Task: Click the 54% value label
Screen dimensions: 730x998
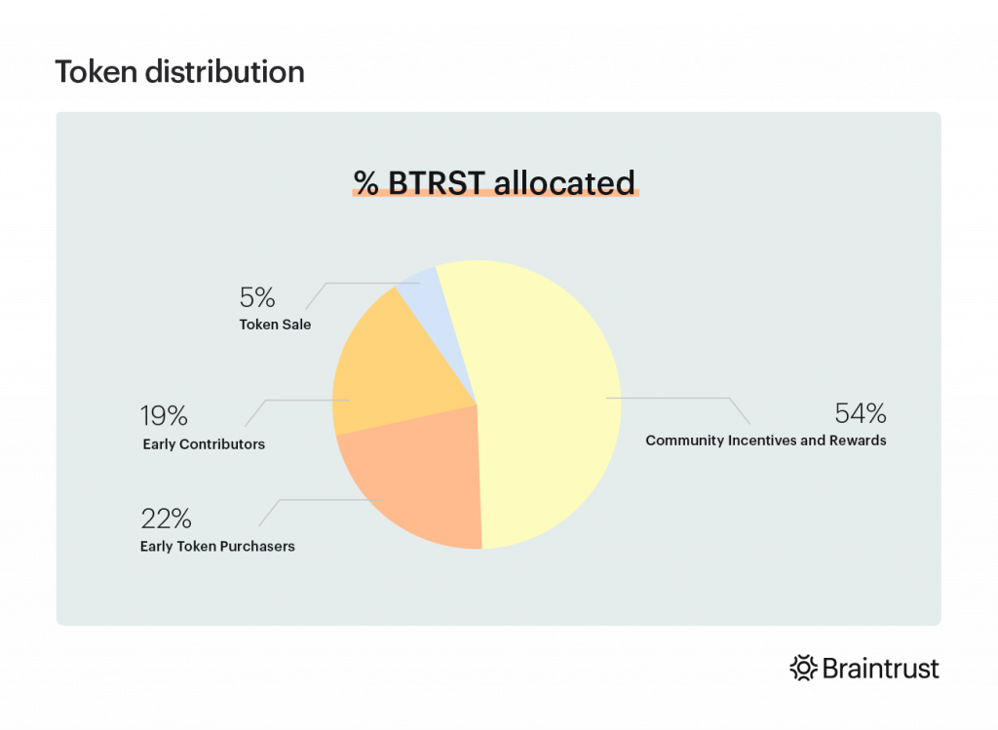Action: pyautogui.click(x=860, y=413)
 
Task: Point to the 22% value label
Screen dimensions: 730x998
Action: pyautogui.click(x=166, y=519)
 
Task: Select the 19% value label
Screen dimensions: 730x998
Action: pyautogui.click(x=164, y=416)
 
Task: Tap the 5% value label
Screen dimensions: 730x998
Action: pyautogui.click(x=257, y=297)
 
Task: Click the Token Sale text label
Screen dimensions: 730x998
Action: pyautogui.click(x=275, y=325)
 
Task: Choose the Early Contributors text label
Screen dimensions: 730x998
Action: pyautogui.click(x=203, y=444)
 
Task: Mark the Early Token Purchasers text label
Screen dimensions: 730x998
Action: pyautogui.click(x=217, y=546)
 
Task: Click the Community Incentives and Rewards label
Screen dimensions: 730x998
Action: pyautogui.click(x=765, y=441)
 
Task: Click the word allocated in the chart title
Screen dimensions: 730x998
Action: pyautogui.click(x=564, y=182)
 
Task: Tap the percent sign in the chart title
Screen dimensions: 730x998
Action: pyautogui.click(x=366, y=183)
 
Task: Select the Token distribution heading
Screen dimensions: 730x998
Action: pyautogui.click(x=179, y=72)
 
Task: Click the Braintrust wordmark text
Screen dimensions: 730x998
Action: pyautogui.click(x=881, y=669)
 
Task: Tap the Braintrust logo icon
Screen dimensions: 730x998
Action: pyautogui.click(x=802, y=669)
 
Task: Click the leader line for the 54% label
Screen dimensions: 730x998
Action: pyautogui.click(x=682, y=398)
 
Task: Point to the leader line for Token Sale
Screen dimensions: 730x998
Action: pyautogui.click(x=356, y=284)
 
